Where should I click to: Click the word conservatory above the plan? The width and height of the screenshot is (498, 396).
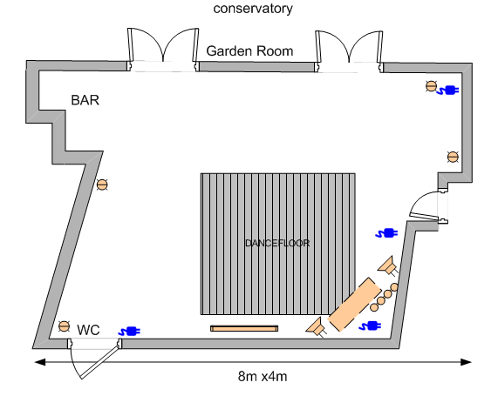[253, 9]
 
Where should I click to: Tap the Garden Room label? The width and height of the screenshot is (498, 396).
[249, 51]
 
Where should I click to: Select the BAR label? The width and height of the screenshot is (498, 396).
[85, 100]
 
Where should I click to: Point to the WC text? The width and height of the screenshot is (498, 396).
[88, 330]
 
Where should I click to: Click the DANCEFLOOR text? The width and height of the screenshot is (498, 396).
[277, 243]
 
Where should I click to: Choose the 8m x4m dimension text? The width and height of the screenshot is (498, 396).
[263, 377]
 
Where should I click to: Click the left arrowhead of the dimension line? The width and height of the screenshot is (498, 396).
[40, 362]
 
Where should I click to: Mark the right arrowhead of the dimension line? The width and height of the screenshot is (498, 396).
[466, 362]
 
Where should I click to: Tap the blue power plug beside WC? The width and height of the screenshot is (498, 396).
[129, 332]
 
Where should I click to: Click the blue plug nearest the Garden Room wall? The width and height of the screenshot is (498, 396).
[447, 91]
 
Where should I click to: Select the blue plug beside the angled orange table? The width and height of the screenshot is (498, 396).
[370, 326]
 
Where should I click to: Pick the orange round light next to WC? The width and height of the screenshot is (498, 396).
[65, 326]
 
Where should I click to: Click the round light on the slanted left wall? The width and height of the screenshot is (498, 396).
[102, 185]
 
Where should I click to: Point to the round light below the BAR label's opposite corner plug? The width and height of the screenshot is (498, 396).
[453, 157]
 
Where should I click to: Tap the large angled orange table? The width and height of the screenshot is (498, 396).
[354, 305]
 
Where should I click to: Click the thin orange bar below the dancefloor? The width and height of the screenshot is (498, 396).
[244, 328]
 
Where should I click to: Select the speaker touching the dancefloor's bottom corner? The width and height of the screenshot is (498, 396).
[317, 327]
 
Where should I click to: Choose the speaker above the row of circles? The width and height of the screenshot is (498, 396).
[388, 266]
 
